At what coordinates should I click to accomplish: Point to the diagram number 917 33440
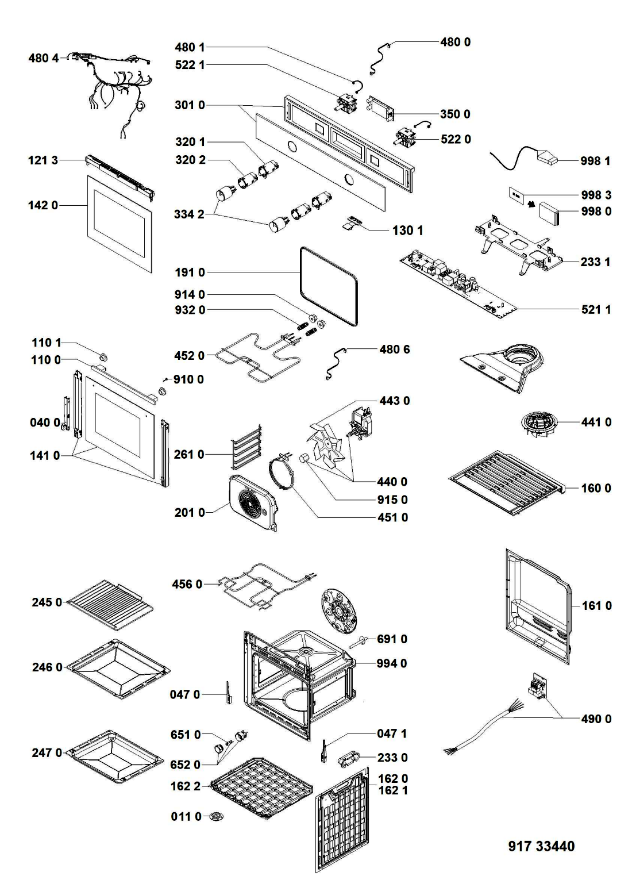pos(541,846)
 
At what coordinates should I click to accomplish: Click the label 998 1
pos(595,161)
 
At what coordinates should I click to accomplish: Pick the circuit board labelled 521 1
pos(460,282)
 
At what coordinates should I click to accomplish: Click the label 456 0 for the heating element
pos(187,584)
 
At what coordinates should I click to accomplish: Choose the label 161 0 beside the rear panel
pos(596,605)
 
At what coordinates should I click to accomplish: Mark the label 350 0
pos(455,114)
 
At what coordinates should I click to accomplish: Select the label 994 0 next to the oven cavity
pos(392,663)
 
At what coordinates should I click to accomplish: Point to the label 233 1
pos(595,262)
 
